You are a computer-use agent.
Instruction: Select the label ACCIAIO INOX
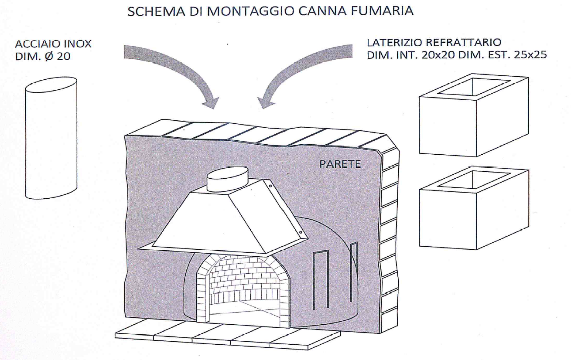[53, 44]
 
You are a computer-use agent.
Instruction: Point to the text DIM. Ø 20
[42, 57]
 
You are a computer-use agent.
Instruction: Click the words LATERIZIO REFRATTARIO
[434, 43]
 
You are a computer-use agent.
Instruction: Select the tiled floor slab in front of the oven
[227, 336]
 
